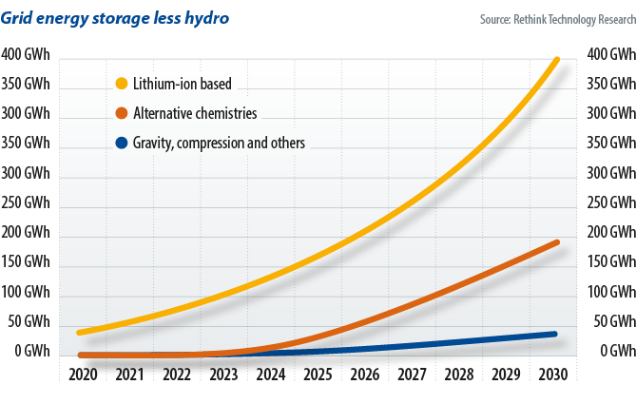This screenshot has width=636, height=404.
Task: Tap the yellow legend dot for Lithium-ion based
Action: [x=121, y=84]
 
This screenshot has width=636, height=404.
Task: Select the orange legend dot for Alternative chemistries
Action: [x=121, y=114]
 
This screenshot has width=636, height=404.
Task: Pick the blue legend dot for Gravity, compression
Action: [x=121, y=144]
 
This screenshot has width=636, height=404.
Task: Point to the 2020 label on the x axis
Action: [x=83, y=375]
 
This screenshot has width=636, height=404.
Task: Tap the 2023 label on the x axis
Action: [x=223, y=375]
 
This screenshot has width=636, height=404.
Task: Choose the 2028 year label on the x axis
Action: [x=457, y=375]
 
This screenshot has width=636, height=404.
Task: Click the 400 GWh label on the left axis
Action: [x=26, y=54]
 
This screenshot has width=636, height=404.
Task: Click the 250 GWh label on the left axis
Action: [x=26, y=203]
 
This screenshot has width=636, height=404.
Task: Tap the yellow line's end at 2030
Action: [x=555, y=59]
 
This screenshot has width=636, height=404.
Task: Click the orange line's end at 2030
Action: [x=555, y=242]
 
